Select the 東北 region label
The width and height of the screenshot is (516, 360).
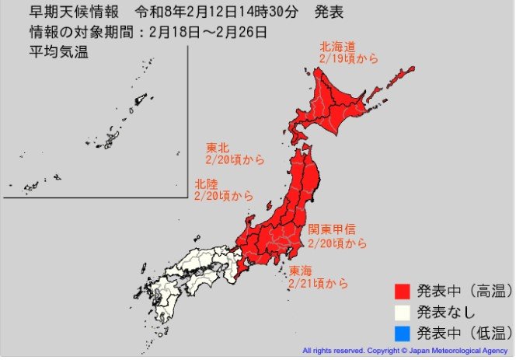[218, 148]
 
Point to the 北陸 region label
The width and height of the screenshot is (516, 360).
[206, 184]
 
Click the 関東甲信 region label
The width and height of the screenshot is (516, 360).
[332, 230]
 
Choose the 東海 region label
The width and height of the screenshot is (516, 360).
[302, 271]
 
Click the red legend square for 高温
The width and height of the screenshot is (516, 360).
[402, 292]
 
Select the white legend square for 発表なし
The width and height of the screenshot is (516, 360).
[402, 313]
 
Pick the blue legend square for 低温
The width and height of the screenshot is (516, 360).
[402, 334]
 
